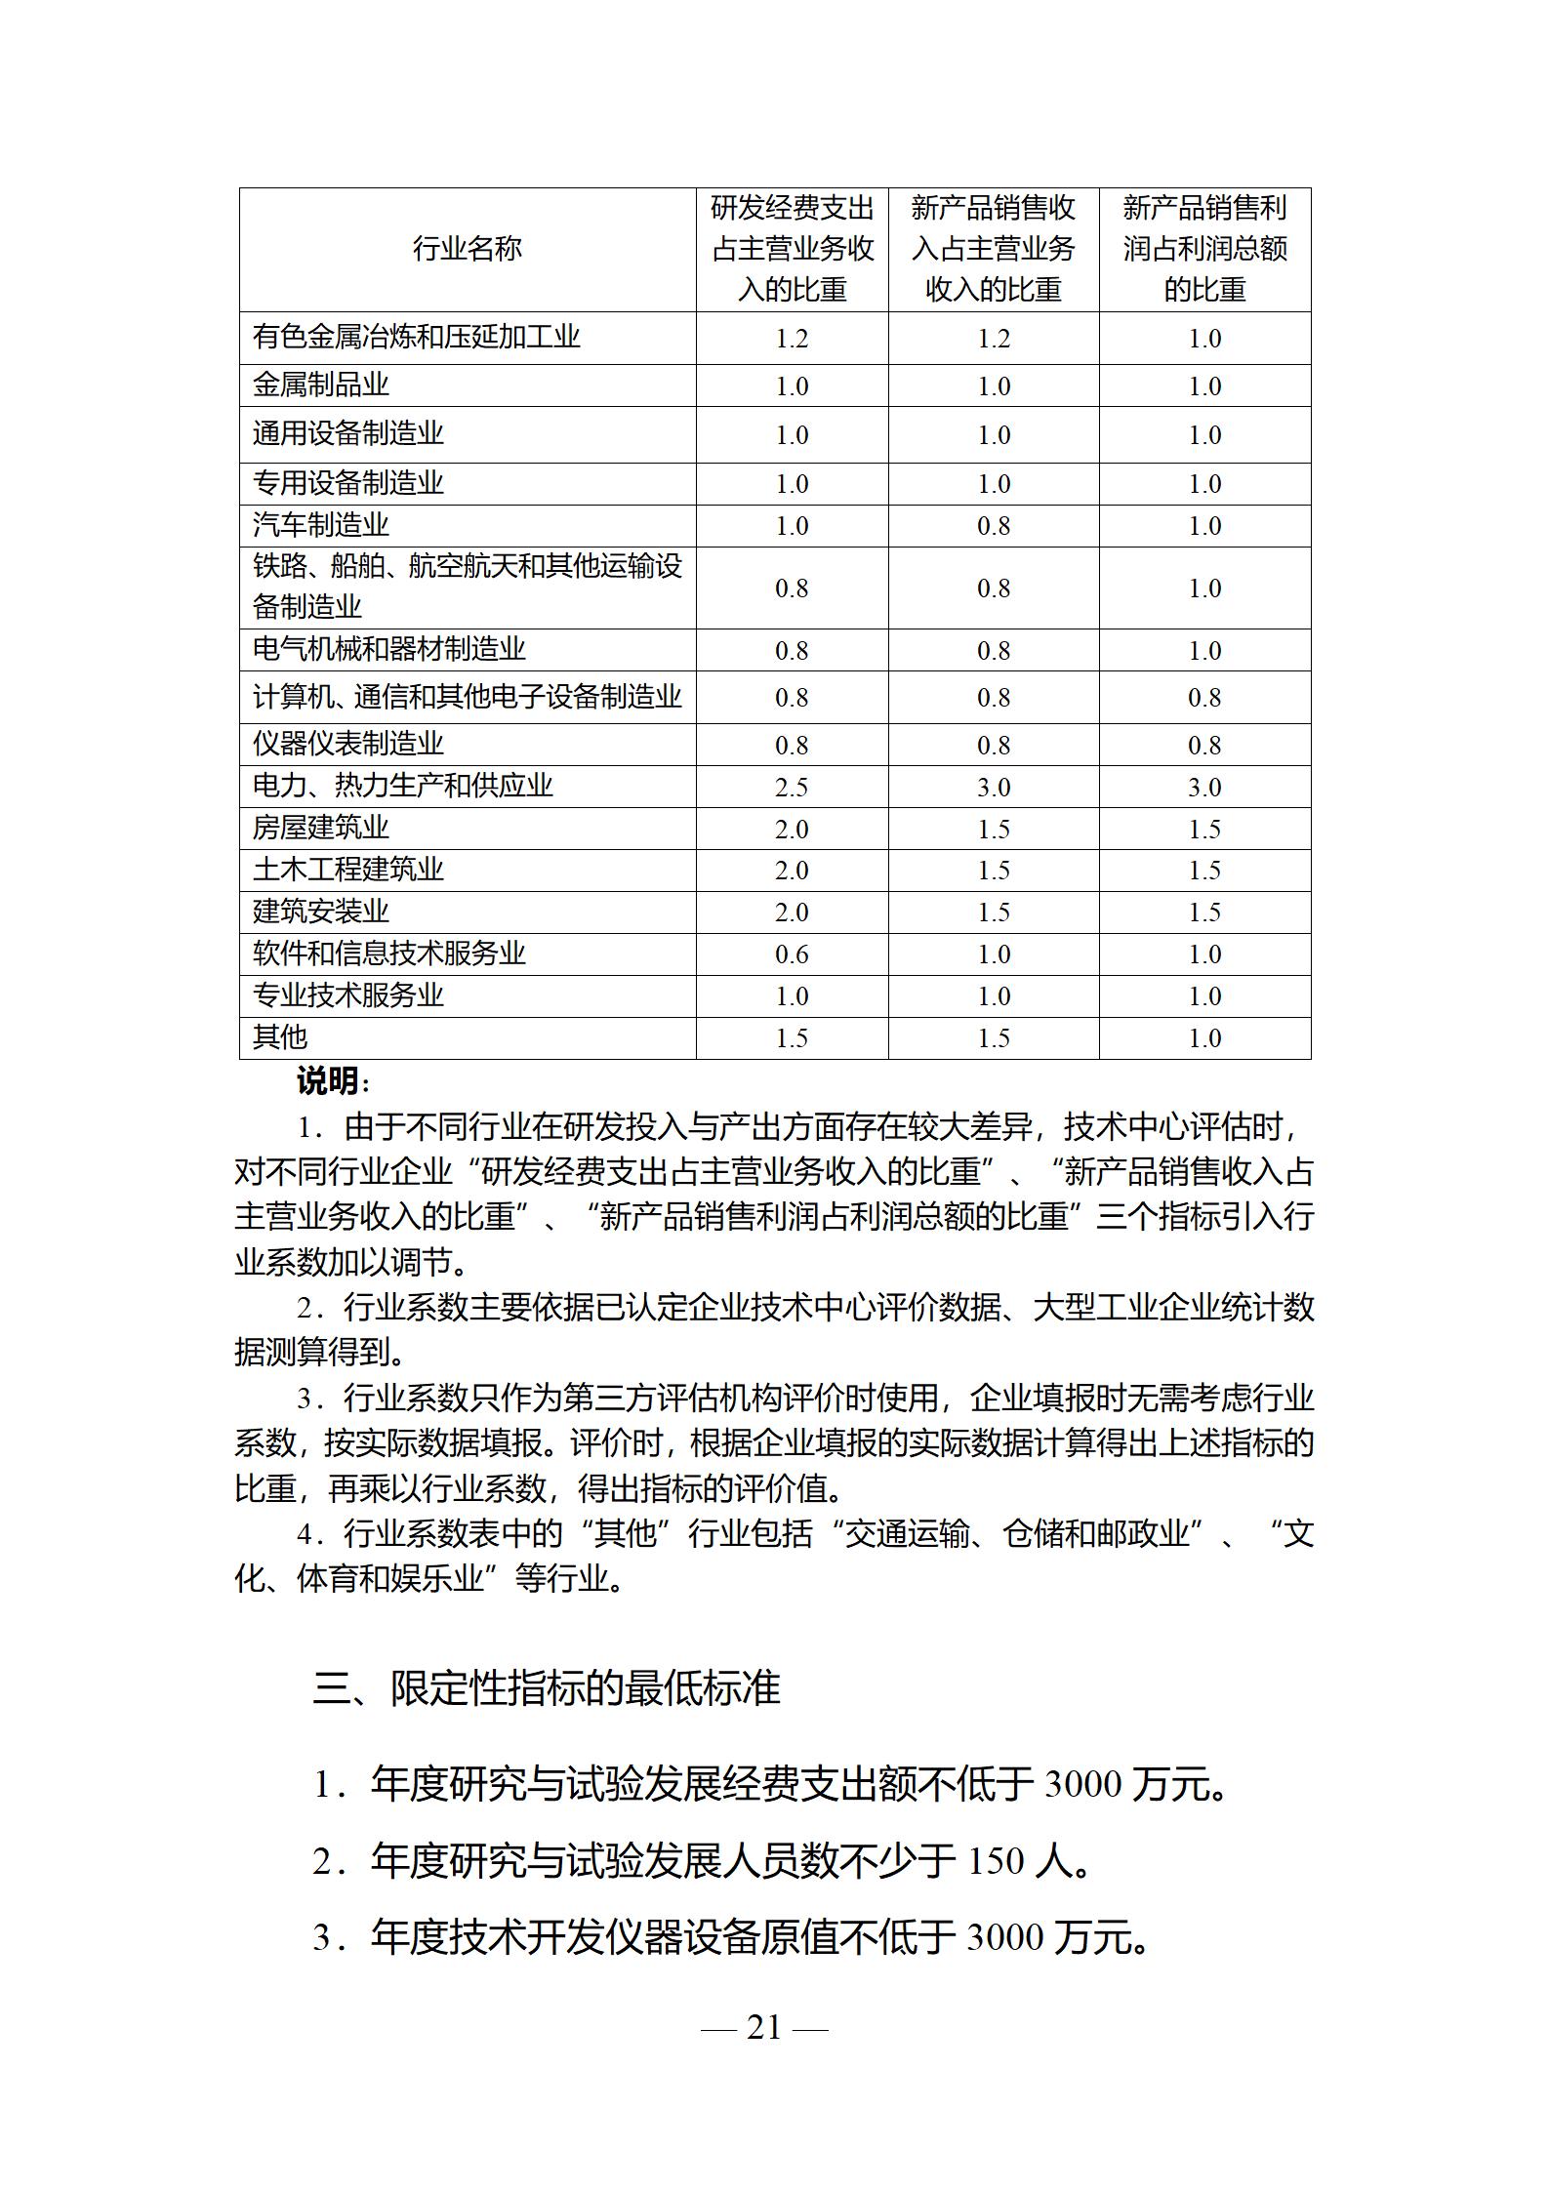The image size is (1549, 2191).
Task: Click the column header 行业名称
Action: (467, 250)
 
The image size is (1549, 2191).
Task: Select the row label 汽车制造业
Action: (320, 525)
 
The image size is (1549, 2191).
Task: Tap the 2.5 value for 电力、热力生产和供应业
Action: (792, 787)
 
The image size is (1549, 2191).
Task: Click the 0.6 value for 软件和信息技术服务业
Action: (792, 953)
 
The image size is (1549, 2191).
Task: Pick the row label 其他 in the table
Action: (279, 1036)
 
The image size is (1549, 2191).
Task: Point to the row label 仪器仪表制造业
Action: (347, 744)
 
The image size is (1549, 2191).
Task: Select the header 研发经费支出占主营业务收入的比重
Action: (792, 249)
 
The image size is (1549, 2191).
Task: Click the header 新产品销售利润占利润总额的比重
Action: (1204, 249)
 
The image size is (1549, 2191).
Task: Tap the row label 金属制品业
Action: (320, 385)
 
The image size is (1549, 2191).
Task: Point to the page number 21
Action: (764, 2027)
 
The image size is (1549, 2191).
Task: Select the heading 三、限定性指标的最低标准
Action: (547, 1688)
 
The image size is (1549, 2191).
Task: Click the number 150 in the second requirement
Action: (996, 1862)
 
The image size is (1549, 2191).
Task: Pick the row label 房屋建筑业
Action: (320, 828)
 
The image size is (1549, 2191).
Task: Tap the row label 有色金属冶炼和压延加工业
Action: (416, 337)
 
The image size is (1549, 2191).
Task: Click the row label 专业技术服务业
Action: (347, 995)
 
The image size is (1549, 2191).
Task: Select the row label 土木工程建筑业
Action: (347, 870)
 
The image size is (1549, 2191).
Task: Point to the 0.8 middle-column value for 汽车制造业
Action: (994, 526)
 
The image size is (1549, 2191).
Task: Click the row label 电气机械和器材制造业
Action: (388, 649)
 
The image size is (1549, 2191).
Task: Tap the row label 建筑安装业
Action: (320, 912)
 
